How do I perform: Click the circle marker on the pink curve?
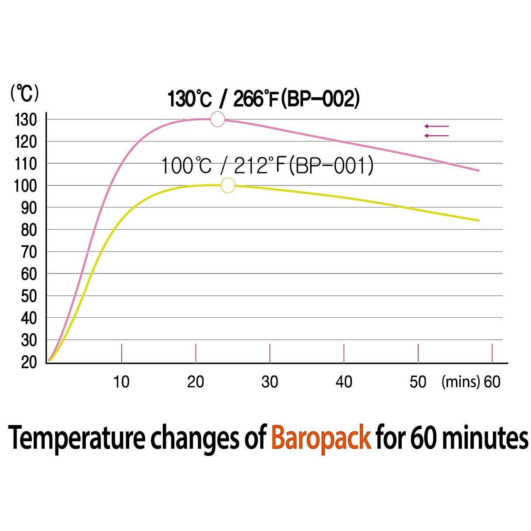click(217, 119)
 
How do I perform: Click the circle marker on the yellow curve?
click(227, 185)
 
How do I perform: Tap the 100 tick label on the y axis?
click(25, 186)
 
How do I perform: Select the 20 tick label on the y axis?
click(29, 362)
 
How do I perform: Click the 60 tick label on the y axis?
click(29, 274)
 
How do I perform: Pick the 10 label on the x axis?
click(121, 382)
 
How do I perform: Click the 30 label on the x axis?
click(269, 382)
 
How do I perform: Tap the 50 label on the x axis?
click(418, 382)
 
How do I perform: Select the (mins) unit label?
click(460, 382)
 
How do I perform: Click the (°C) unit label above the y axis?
click(25, 94)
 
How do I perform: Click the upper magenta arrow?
click(436, 126)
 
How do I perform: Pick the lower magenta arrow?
click(436, 135)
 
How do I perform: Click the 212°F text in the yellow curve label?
click(259, 166)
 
